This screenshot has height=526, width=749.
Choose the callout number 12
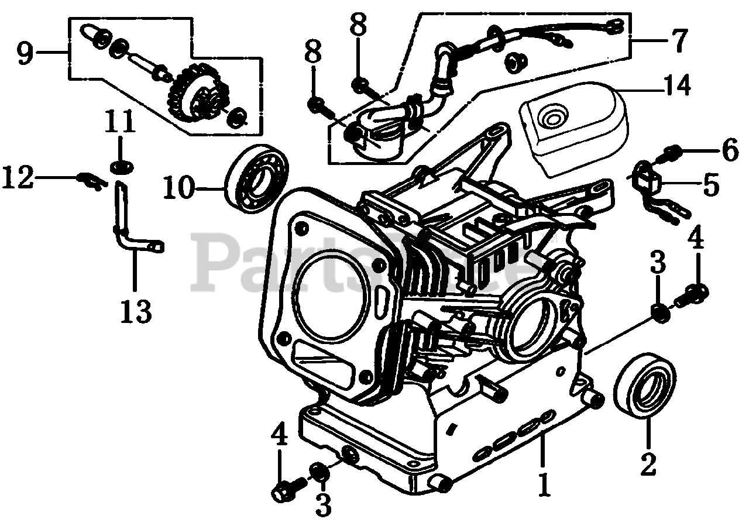[16, 177]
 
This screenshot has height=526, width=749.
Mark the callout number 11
[120, 123]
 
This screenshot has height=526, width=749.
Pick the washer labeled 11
[120, 167]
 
